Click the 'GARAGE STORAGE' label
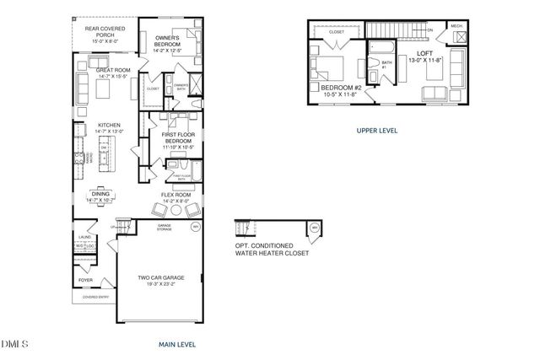(x=165, y=228)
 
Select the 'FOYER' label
(x=85, y=280)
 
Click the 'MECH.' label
(x=456, y=26)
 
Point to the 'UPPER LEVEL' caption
(x=376, y=131)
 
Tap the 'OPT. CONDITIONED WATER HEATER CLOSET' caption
(x=272, y=249)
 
